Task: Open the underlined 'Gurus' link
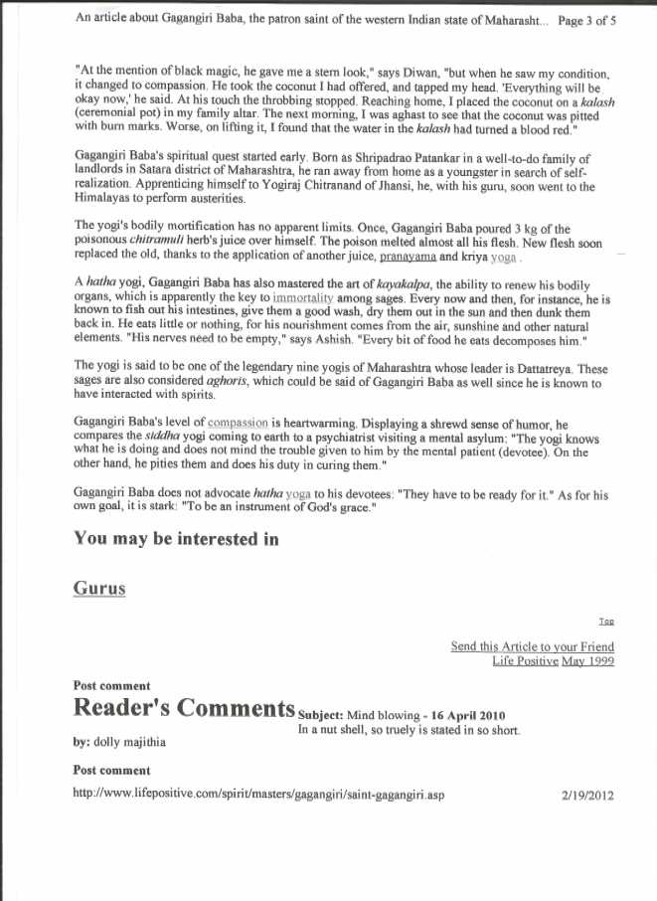pos(99,588)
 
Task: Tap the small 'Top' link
pos(606,621)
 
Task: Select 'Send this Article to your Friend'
pos(533,645)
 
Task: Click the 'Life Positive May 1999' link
pos(553,660)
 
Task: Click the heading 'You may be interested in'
pos(176,539)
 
